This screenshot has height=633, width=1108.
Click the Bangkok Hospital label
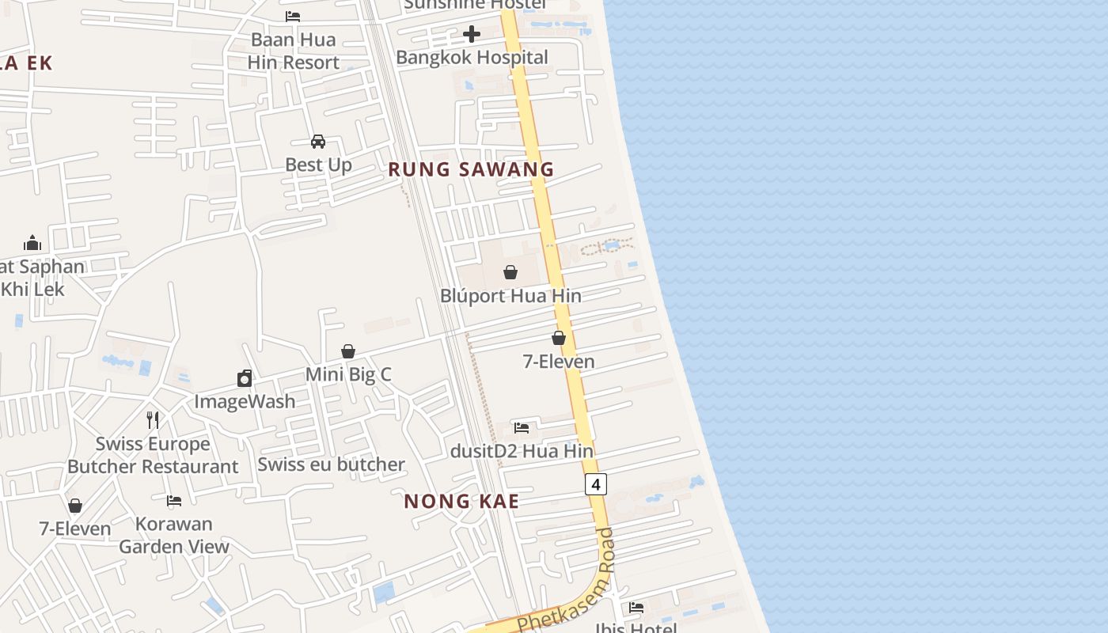pyautogui.click(x=472, y=57)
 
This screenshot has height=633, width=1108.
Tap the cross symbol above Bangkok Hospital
pyautogui.click(x=472, y=34)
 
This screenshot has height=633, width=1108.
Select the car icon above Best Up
pyautogui.click(x=318, y=142)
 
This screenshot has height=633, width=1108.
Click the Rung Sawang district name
pyautogui.click(x=471, y=169)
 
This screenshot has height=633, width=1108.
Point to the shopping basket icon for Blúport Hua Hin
pyautogui.click(x=510, y=272)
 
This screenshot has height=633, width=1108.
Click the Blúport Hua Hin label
pyautogui.click(x=510, y=296)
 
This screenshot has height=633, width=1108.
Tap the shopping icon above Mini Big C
pyautogui.click(x=348, y=351)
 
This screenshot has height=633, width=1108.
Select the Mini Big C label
pyautogui.click(x=348, y=374)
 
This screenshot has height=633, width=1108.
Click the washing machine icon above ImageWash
pyautogui.click(x=245, y=378)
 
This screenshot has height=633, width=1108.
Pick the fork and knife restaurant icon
pyautogui.click(x=153, y=419)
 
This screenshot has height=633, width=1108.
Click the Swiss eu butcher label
pyautogui.click(x=331, y=464)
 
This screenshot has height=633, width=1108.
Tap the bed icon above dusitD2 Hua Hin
pyautogui.click(x=522, y=428)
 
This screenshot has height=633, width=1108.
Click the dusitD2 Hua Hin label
pyautogui.click(x=522, y=451)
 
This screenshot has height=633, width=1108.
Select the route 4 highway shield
pyautogui.click(x=596, y=484)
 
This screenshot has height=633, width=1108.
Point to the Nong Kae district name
pyautogui.click(x=461, y=501)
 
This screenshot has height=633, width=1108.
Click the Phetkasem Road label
pyautogui.click(x=567, y=582)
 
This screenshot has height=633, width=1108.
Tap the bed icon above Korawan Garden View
pyautogui.click(x=174, y=501)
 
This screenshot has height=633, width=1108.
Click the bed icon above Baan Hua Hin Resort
pyautogui.click(x=293, y=17)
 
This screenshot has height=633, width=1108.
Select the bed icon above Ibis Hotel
pyautogui.click(x=636, y=608)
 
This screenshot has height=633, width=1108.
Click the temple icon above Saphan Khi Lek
pyautogui.click(x=32, y=242)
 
